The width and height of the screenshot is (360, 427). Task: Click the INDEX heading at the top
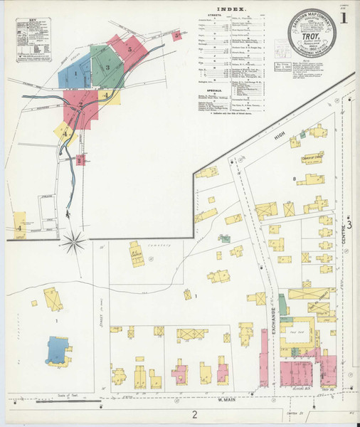(x=231, y=9)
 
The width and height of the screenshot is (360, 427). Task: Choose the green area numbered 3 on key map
(x=107, y=68)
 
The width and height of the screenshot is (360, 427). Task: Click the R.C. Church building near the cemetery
(x=136, y=254)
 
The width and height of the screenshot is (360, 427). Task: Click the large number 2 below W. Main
(x=194, y=414)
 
